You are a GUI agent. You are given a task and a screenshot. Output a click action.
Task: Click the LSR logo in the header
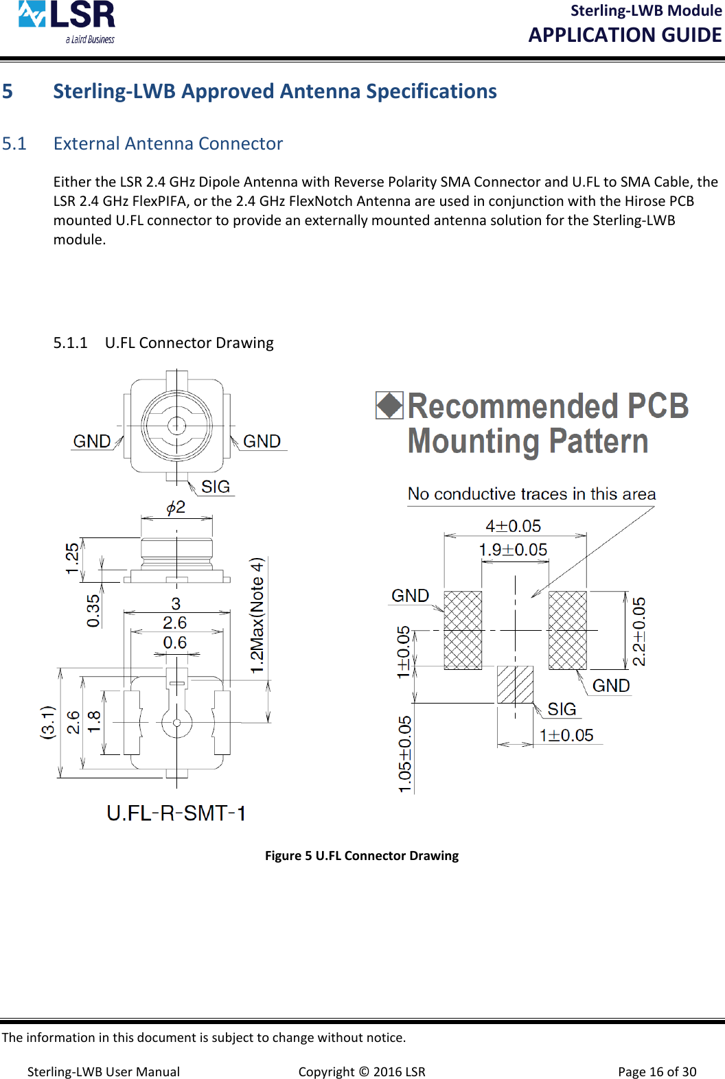[67, 21]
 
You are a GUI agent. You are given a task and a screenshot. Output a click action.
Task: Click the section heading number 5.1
[14, 143]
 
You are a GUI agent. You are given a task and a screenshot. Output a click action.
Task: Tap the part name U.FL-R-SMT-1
[176, 813]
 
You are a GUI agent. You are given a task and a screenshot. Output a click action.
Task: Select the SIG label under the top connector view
[216, 487]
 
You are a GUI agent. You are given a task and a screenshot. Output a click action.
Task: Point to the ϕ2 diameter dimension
[176, 507]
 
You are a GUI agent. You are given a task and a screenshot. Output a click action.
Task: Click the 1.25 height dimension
[72, 558]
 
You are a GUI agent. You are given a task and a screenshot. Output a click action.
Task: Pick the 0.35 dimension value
[93, 610]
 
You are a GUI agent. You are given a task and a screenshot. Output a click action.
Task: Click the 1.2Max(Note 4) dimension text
[257, 615]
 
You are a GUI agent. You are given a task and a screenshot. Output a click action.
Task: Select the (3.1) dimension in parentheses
[47, 722]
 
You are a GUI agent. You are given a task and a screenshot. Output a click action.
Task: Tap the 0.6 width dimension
[175, 642]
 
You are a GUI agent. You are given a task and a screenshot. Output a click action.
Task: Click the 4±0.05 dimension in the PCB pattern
[514, 526]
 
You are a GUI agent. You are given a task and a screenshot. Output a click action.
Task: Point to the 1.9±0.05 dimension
[513, 550]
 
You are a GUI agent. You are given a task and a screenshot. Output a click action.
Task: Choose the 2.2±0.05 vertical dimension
[639, 631]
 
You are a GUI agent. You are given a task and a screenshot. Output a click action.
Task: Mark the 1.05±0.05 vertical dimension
[405, 754]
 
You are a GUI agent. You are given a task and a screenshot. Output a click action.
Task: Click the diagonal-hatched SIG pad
[515, 684]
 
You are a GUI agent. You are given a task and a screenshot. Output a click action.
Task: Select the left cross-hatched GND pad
[463, 630]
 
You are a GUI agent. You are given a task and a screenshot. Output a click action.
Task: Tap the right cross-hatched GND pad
[568, 630]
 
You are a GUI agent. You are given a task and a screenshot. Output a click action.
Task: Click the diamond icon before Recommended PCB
[389, 405]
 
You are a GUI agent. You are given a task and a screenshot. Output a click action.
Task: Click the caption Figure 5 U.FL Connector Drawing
[362, 855]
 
